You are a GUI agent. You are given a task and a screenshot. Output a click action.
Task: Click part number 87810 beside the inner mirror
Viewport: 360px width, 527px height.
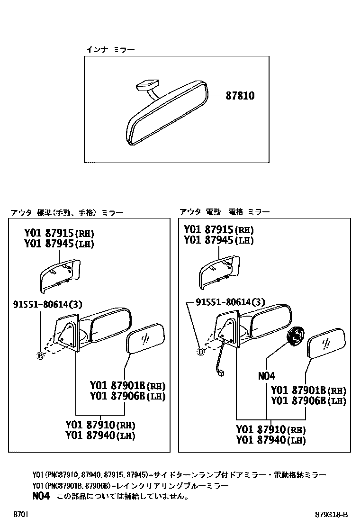(x=241, y=96)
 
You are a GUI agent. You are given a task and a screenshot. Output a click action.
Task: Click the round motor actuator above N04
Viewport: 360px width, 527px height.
(x=295, y=337)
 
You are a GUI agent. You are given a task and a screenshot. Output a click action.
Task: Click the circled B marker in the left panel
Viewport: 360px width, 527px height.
(x=40, y=355)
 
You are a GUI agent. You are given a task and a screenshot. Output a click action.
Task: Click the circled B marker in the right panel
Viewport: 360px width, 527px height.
(x=200, y=352)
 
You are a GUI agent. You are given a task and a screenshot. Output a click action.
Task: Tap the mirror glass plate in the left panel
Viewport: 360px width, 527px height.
(x=146, y=337)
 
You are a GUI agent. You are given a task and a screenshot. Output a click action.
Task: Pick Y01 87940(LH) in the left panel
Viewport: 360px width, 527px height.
(x=100, y=435)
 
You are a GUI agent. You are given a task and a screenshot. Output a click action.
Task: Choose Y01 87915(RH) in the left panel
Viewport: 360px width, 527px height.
(x=59, y=233)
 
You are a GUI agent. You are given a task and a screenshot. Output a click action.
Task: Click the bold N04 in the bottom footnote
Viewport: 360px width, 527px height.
(x=41, y=496)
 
